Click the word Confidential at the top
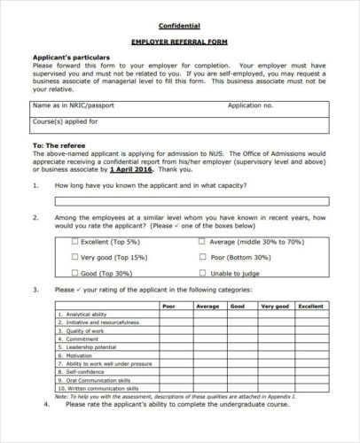(x=179, y=26)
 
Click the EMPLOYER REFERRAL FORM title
(x=180, y=42)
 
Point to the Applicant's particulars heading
(x=71, y=58)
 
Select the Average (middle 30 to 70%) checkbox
(x=203, y=241)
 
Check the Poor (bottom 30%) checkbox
(x=203, y=257)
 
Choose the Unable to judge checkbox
(x=203, y=273)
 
